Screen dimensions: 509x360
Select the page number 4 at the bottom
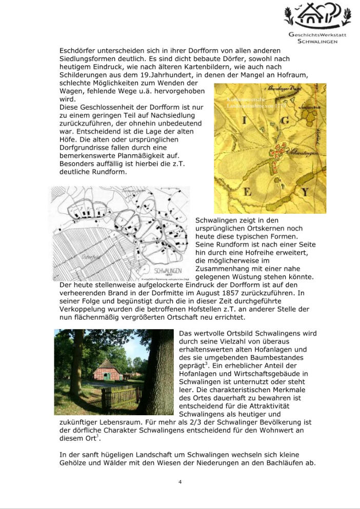(180, 482)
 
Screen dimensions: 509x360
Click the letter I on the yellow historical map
(243, 120)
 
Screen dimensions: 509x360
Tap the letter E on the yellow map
(247, 192)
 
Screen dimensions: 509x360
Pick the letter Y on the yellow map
(305, 192)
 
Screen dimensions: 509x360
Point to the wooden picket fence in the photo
(121, 396)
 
